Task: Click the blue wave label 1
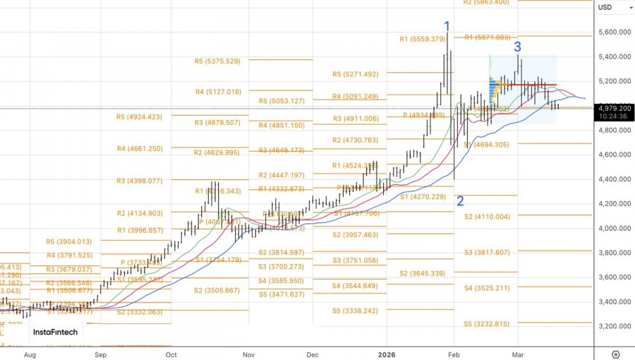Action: pos(447,27)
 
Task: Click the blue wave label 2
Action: pos(460,201)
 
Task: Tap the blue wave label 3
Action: pos(517,47)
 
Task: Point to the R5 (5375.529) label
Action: pos(217,61)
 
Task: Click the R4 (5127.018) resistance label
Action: pos(218,92)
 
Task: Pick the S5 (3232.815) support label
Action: pos(486,324)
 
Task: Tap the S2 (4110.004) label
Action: pos(486,217)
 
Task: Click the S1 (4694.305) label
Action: pos(486,145)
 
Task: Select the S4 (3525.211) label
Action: pos(486,288)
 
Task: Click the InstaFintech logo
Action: pos(55,332)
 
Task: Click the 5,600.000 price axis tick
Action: pos(614,32)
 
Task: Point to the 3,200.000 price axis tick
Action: pos(614,326)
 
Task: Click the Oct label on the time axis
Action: pos(171,354)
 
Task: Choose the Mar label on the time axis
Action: pos(517,354)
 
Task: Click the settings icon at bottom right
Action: pos(615,354)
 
